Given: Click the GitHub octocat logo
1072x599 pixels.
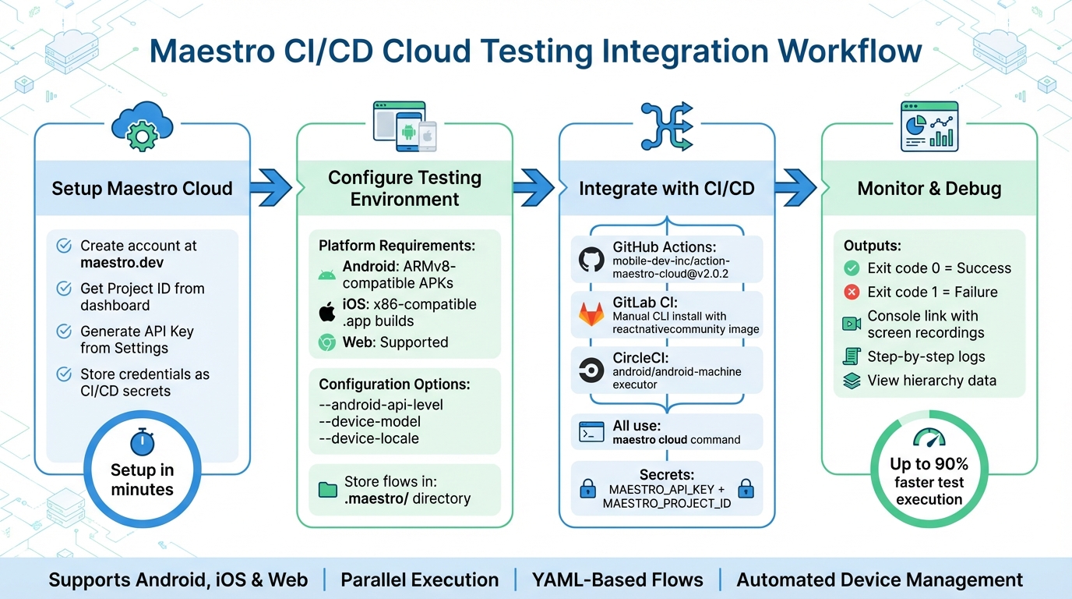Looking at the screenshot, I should (591, 260).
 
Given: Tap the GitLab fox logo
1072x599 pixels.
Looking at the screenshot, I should (591, 314).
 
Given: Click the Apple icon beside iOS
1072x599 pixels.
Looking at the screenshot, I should (327, 313).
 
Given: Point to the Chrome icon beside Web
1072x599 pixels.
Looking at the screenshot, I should (327, 342).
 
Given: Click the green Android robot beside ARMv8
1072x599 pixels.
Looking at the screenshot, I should (327, 275).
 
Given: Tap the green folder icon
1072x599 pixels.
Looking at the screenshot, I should (327, 490).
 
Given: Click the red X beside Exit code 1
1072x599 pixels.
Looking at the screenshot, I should (852, 292).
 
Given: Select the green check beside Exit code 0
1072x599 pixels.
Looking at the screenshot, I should (852, 268).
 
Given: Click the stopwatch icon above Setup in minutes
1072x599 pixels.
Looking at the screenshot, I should (142, 441).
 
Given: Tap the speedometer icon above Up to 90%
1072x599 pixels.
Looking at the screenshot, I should (929, 437).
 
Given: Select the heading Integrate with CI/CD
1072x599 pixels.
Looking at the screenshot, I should (666, 188).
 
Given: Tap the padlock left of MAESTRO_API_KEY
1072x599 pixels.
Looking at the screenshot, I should (587, 489).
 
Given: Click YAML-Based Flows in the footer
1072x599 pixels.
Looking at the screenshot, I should (617, 580).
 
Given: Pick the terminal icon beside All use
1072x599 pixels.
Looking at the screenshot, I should (591, 432).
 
